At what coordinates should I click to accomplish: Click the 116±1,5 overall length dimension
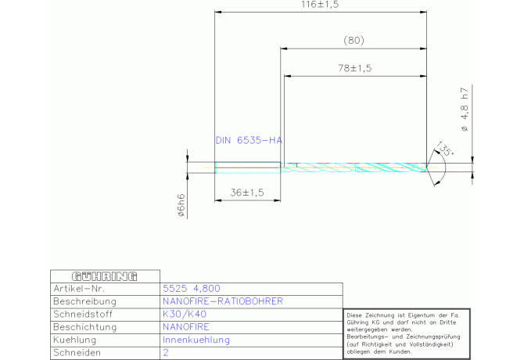click(x=320, y=5)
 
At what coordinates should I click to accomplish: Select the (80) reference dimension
click(x=354, y=41)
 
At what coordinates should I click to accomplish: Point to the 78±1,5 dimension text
click(x=354, y=68)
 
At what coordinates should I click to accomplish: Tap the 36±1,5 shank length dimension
click(x=247, y=193)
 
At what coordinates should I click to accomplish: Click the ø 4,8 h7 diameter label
click(x=465, y=110)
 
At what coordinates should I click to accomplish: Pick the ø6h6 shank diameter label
click(x=181, y=205)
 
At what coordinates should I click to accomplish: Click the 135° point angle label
click(x=445, y=148)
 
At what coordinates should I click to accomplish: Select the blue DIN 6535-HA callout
click(x=249, y=140)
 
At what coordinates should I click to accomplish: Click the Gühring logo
click(x=105, y=276)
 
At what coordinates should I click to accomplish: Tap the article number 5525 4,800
click(x=192, y=289)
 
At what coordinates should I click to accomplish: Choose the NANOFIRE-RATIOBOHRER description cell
click(x=223, y=301)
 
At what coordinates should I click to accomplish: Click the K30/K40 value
click(x=185, y=314)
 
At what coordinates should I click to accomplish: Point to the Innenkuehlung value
click(x=196, y=340)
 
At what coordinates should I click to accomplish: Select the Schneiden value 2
click(x=166, y=353)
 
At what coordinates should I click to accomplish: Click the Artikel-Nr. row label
click(x=79, y=289)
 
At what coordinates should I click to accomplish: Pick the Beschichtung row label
click(x=85, y=327)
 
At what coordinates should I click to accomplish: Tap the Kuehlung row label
click(x=74, y=340)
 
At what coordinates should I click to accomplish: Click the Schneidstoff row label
click(x=83, y=314)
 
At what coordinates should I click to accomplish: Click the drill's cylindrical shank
click(x=248, y=167)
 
